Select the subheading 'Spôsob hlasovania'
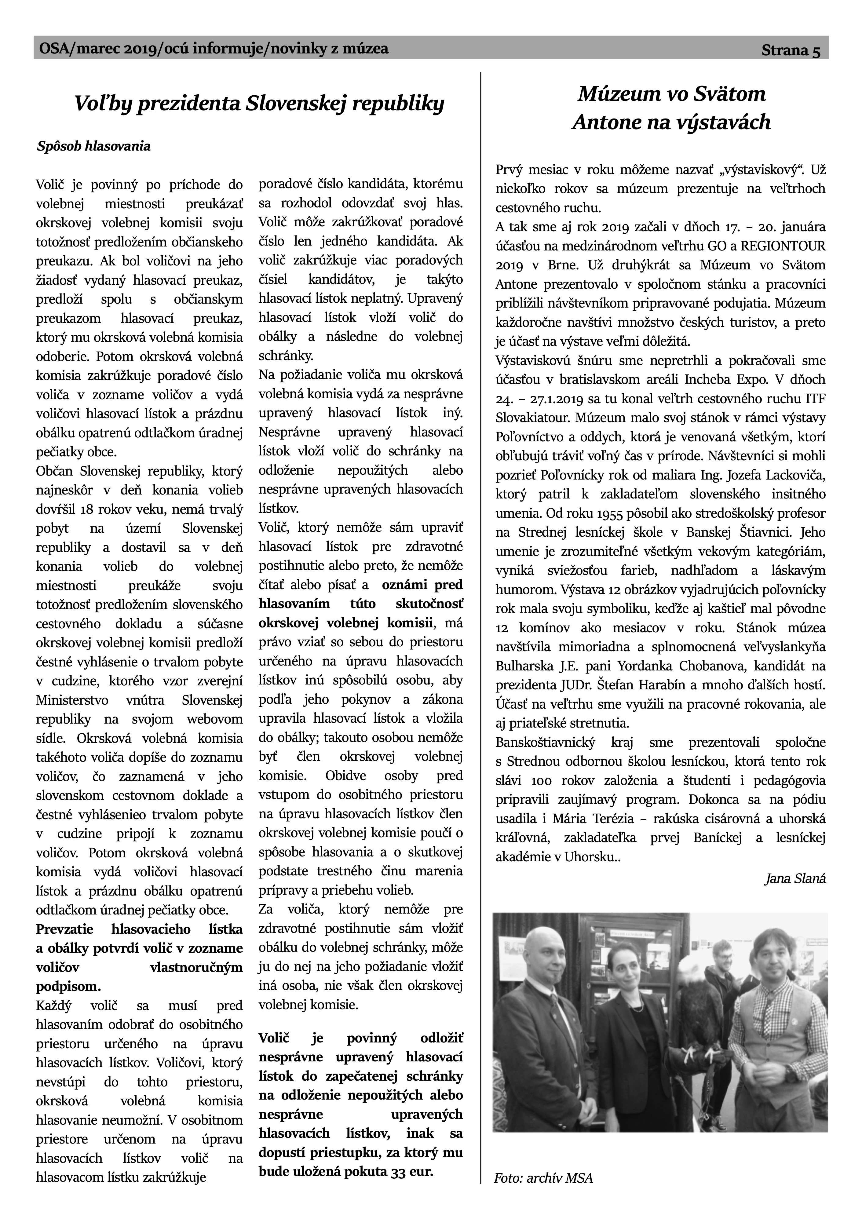[x=93, y=147]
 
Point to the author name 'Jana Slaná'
[x=795, y=879]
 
